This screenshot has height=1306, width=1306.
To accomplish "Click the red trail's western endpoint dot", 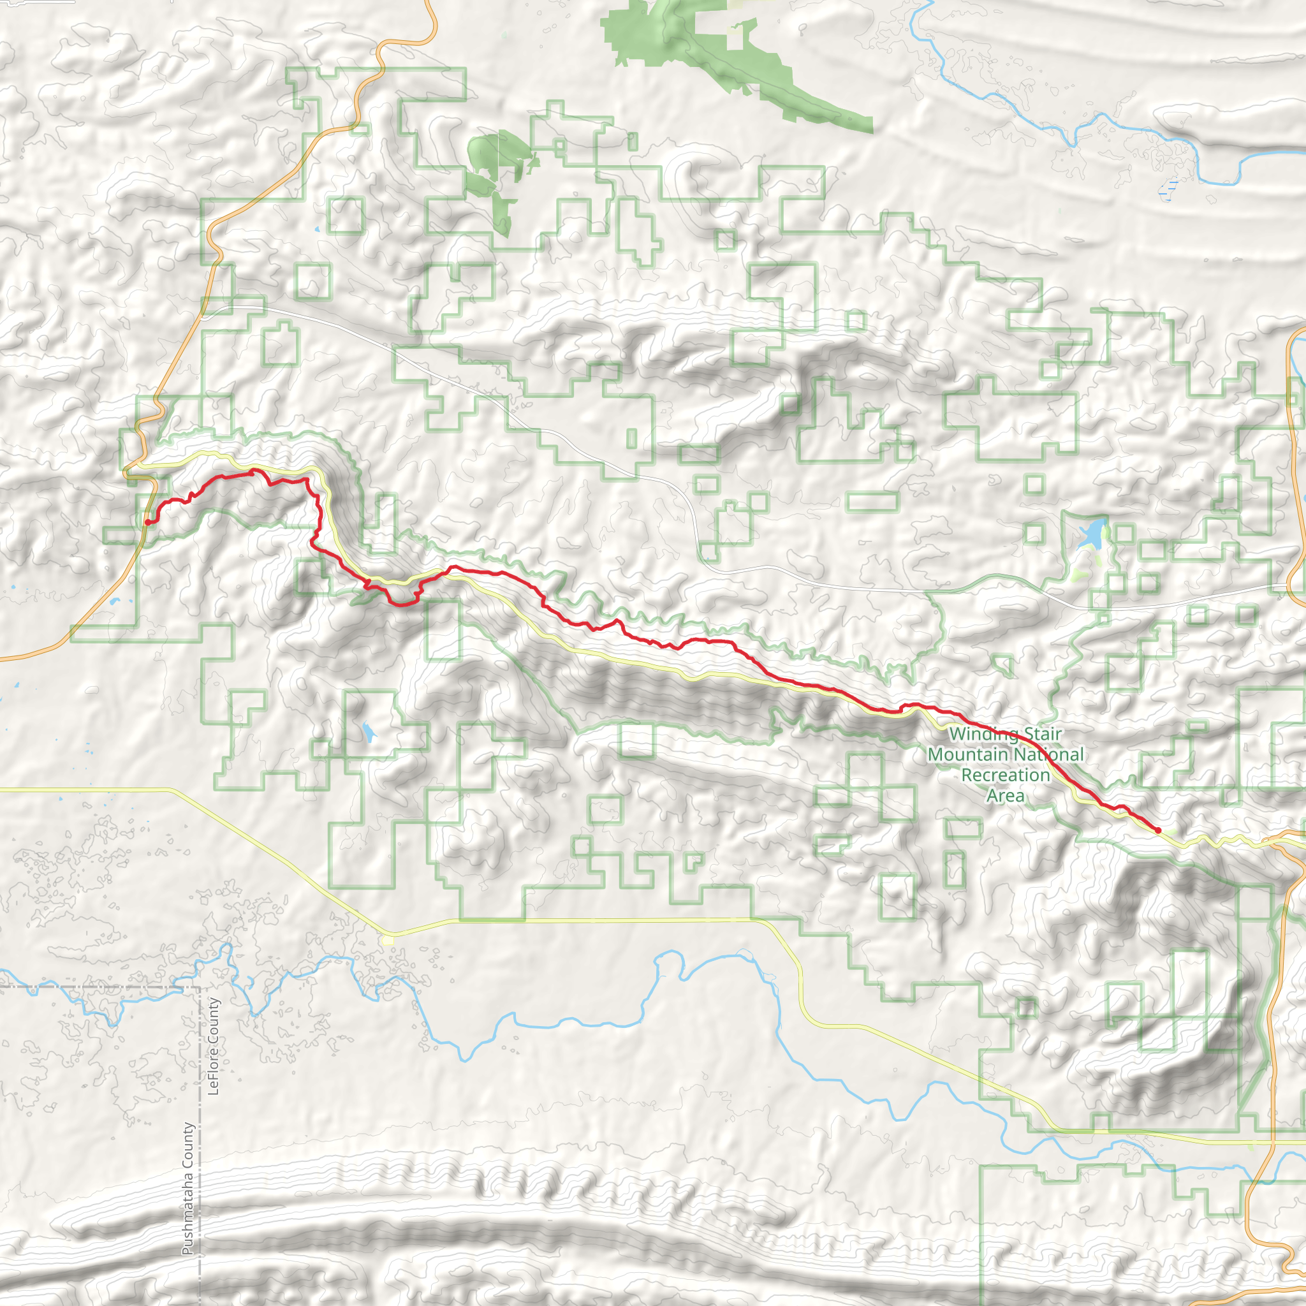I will tap(148, 522).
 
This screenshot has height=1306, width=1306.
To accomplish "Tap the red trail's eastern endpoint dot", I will tap(1158, 830).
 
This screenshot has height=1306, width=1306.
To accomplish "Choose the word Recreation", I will tap(1006, 775).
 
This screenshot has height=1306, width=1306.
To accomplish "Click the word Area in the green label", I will tap(1005, 796).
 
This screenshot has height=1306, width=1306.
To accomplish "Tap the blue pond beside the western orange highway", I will tap(112, 601).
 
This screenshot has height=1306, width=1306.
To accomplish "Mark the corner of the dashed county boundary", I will tap(200, 988).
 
